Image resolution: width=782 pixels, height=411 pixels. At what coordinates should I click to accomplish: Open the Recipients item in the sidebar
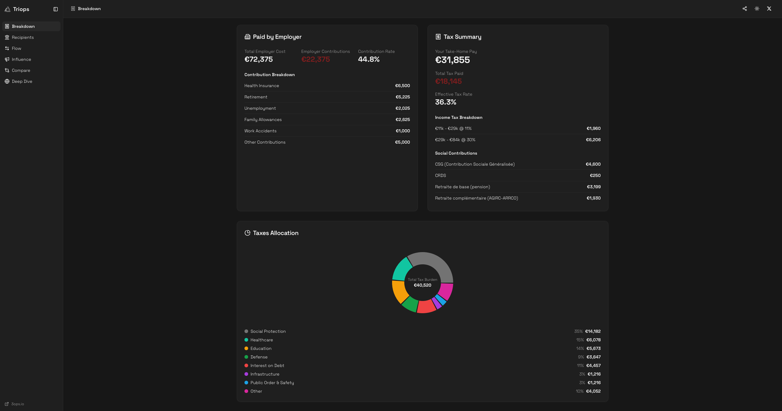click(x=22, y=38)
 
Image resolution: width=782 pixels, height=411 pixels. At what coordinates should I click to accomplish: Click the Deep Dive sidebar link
click(x=22, y=82)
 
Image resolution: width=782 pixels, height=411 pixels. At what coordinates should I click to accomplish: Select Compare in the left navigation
click(x=21, y=70)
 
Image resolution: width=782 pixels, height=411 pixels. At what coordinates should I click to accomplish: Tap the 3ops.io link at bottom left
click(x=17, y=404)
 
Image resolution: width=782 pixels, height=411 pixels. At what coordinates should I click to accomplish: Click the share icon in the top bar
click(x=745, y=9)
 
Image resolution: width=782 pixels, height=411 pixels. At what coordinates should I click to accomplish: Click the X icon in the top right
click(x=769, y=9)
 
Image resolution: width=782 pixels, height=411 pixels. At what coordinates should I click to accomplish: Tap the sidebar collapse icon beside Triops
click(x=56, y=9)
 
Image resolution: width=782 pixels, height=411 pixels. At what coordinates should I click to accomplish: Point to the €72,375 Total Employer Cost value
click(x=259, y=60)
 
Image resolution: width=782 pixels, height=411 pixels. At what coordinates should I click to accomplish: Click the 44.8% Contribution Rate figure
click(x=369, y=60)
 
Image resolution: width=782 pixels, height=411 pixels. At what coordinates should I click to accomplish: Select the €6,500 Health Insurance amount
click(x=402, y=86)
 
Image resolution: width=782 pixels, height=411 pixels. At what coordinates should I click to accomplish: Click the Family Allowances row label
click(x=263, y=120)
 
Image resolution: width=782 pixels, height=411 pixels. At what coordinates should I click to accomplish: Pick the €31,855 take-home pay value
click(x=452, y=60)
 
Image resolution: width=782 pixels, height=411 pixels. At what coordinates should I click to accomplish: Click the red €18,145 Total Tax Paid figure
click(x=448, y=82)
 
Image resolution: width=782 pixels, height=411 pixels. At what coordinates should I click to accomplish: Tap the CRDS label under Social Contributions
click(x=440, y=175)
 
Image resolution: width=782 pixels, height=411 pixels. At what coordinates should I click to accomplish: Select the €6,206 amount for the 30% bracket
click(x=593, y=140)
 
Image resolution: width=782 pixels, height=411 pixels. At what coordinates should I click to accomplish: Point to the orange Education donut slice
click(x=399, y=292)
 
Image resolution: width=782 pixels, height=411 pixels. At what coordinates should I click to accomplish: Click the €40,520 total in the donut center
click(x=422, y=285)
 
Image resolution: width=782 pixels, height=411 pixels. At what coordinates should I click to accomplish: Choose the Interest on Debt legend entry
click(x=267, y=366)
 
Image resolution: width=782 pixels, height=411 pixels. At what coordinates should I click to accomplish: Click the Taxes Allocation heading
click(x=275, y=233)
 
